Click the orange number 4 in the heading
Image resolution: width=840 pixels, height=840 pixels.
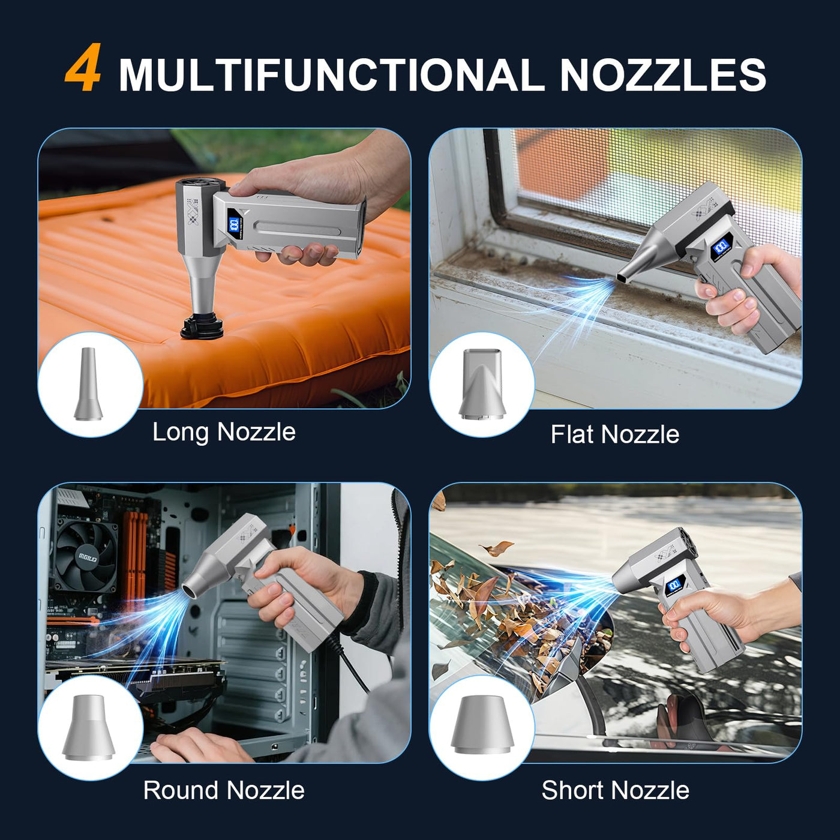coord(83,68)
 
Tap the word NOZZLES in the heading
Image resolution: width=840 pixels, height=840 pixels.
coord(663,75)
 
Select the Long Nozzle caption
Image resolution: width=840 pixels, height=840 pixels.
coord(224,432)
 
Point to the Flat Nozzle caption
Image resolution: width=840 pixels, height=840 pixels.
coord(614,434)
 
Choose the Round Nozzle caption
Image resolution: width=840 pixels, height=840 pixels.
coord(224,790)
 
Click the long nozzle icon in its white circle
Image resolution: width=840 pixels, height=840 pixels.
coord(88,384)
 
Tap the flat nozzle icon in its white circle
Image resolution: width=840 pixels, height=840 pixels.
coord(482,383)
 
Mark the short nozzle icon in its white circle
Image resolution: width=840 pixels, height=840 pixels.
coord(481,726)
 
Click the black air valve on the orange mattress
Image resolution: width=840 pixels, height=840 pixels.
coord(203,325)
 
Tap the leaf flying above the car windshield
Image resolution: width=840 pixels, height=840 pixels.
coord(497,548)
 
